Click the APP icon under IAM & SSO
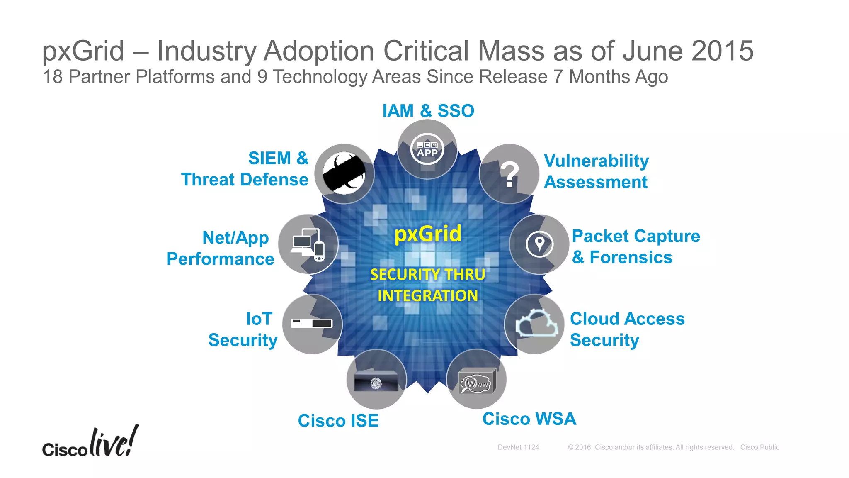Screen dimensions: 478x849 427,149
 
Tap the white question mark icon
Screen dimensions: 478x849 509,174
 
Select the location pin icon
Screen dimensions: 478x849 539,244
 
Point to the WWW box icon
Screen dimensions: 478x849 477,381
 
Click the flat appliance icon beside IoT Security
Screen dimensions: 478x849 312,323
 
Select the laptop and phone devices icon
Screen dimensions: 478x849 308,245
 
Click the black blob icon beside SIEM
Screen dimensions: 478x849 344,174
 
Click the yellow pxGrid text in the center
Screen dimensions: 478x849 427,234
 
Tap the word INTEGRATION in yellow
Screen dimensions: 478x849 427,296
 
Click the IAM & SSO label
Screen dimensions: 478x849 428,111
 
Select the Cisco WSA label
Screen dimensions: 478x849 529,419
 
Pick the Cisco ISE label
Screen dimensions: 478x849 338,421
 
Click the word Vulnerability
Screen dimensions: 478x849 596,161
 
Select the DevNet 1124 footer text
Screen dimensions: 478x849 518,447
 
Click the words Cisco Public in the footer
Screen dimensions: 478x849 759,447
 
